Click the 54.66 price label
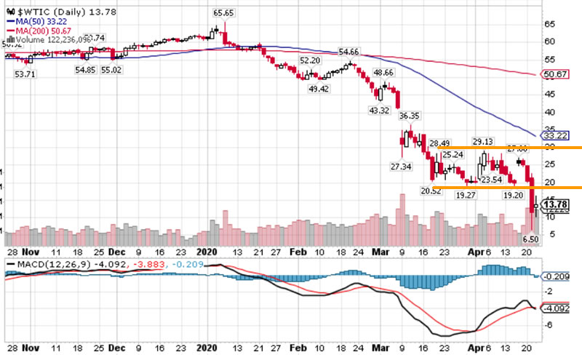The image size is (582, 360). [x=350, y=52]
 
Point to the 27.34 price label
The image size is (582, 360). [x=402, y=167]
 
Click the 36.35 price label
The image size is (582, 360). [x=410, y=115]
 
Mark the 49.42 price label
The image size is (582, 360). [x=319, y=88]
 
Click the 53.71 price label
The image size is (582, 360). [x=25, y=74]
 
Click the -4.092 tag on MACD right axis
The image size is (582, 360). [x=557, y=308]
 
